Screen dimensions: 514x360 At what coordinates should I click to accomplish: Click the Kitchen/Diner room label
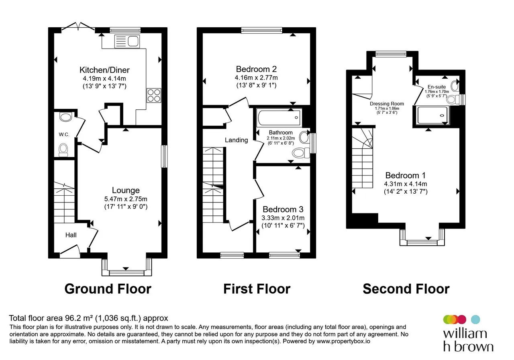(x=104, y=70)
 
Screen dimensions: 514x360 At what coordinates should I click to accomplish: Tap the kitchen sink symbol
(x=127, y=41)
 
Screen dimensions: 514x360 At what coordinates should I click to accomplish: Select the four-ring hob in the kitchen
(x=154, y=95)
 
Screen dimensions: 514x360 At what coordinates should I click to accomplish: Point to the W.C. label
(x=64, y=135)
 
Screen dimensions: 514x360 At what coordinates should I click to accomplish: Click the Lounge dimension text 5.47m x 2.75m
(x=126, y=199)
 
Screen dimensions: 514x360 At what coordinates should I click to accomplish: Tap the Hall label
(x=71, y=235)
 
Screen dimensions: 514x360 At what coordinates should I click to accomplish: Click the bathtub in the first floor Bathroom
(x=279, y=118)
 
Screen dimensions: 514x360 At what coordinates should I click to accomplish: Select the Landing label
(x=237, y=140)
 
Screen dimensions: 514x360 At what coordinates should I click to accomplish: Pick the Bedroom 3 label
(x=283, y=209)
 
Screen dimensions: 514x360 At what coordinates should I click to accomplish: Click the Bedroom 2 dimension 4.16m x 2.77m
(x=256, y=78)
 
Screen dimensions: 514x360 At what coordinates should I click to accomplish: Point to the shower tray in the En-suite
(x=432, y=115)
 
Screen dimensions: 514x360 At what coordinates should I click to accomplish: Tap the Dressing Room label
(x=387, y=104)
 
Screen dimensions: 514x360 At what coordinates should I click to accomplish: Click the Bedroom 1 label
(x=406, y=176)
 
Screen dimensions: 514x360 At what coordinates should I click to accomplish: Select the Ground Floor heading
(x=108, y=289)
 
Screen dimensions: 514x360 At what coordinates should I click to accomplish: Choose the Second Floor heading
(x=406, y=289)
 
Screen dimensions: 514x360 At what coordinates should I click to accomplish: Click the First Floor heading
(x=257, y=289)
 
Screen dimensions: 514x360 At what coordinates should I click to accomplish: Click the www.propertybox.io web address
(x=343, y=341)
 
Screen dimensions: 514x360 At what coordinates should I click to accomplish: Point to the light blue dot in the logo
(x=475, y=319)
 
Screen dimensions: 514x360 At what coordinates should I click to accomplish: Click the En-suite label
(x=436, y=87)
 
